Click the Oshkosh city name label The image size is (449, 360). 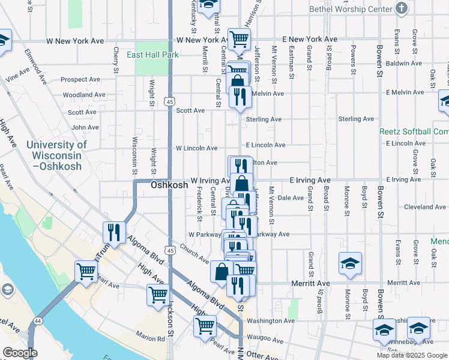(x=169, y=185)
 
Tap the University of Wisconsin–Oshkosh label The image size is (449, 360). (x=56, y=155)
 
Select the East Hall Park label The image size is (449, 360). (x=153, y=55)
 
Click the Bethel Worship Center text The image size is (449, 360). (x=351, y=9)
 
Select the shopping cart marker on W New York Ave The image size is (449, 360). (x=239, y=39)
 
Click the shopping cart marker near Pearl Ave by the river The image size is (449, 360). (x=86, y=271)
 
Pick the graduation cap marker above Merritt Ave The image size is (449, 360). (x=350, y=263)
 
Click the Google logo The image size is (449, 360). (x=20, y=353)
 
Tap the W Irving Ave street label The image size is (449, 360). (x=210, y=180)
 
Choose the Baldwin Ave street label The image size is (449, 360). (x=403, y=63)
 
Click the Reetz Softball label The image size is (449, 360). (x=414, y=131)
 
